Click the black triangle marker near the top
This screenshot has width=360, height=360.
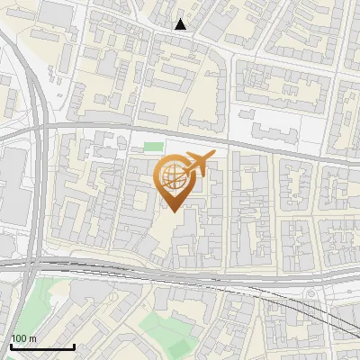click(x=181, y=24)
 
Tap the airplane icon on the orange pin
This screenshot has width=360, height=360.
click(x=199, y=163)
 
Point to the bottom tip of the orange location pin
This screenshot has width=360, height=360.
click(x=173, y=211)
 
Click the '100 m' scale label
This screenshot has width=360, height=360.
click(x=23, y=338)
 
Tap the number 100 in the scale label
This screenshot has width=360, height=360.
click(x=18, y=338)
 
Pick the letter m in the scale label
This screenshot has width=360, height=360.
click(x=32, y=338)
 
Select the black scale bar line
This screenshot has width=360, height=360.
click(x=42, y=346)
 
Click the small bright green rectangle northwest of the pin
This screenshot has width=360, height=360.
click(x=154, y=146)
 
